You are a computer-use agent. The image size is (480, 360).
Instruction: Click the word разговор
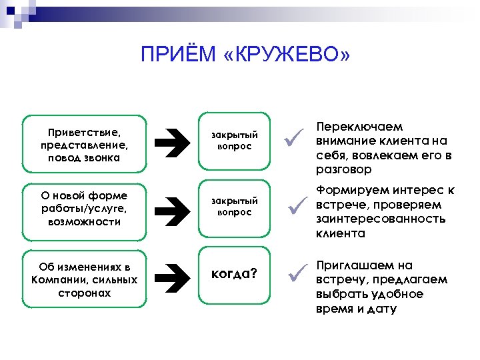[x=342, y=170]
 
